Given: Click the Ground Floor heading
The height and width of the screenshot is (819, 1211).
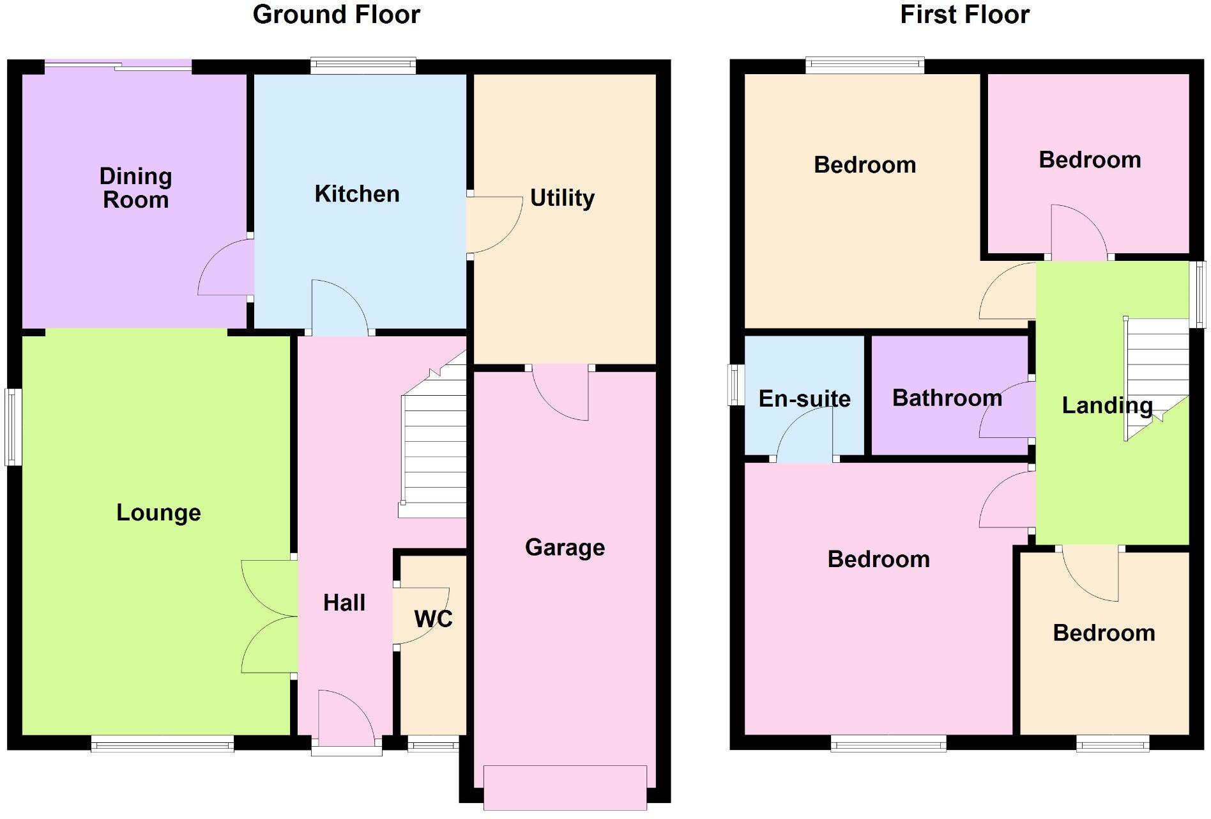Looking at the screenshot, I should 337,15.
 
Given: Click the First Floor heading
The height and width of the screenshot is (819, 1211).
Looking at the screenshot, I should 964,15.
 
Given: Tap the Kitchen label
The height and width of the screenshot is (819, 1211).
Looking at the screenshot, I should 357,194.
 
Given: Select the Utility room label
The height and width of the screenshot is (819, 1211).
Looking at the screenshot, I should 562,198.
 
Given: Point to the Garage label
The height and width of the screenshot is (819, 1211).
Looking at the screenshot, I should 565,547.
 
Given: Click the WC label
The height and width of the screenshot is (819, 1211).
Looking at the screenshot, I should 433,618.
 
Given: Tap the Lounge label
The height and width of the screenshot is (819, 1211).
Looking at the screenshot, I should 158,512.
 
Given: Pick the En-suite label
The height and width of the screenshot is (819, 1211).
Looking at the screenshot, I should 804,399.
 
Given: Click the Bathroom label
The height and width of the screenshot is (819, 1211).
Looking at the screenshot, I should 947,398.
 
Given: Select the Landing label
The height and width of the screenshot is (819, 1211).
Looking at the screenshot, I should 1107,405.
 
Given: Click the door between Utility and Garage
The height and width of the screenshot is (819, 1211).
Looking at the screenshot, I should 560,391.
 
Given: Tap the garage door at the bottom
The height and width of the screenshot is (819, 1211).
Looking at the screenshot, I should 565,788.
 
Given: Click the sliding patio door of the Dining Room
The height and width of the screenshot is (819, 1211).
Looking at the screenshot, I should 118,65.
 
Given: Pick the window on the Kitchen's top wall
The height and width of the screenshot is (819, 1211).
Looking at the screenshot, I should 363,65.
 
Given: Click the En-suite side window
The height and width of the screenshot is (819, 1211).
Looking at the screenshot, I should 736,385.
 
